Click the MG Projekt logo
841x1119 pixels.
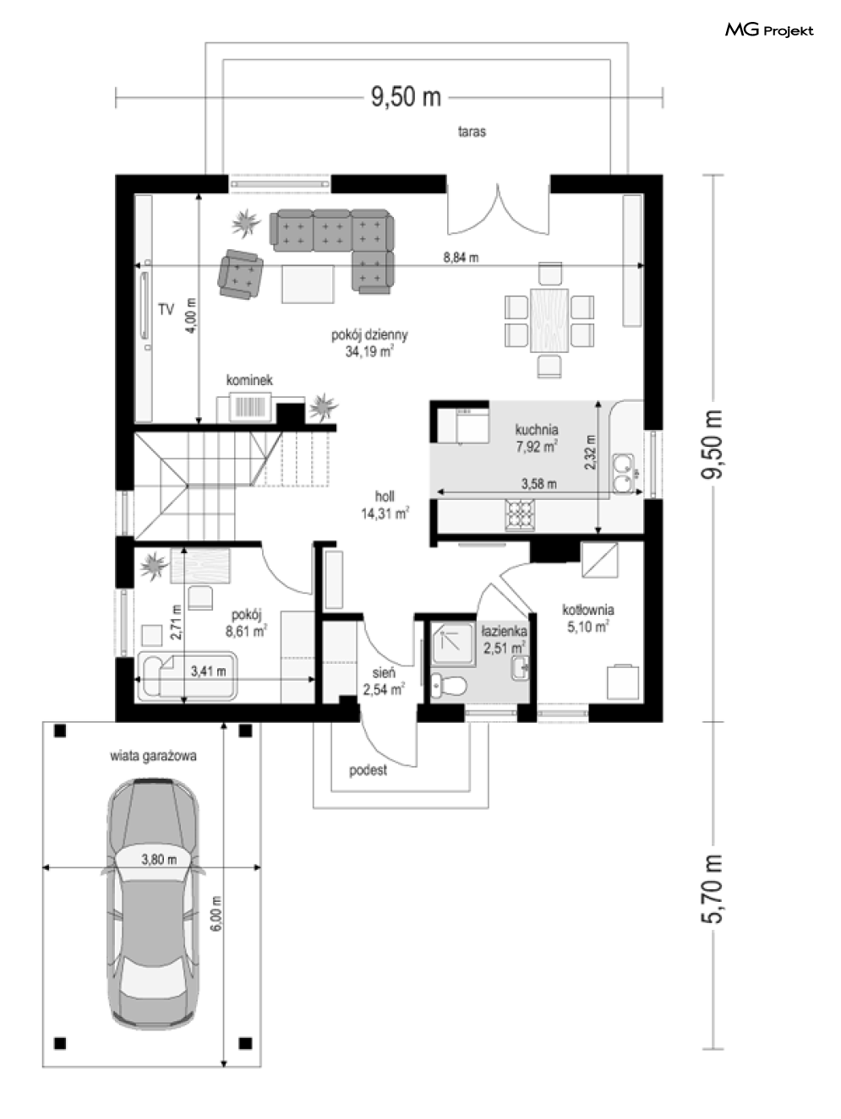769,30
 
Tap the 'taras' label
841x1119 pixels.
472,132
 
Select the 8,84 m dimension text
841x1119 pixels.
461,258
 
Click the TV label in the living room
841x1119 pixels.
167,309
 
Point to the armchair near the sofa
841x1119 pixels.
240,274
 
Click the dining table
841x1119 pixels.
549,320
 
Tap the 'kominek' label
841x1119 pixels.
249,380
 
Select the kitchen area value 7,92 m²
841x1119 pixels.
537,447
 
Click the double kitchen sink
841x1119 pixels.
624,474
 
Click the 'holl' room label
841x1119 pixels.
385,496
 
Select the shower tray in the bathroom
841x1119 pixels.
453,644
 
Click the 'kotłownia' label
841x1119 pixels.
588,610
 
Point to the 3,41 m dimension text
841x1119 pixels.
208,671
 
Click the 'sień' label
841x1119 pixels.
384,673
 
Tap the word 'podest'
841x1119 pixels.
368,770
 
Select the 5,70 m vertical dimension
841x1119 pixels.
713,888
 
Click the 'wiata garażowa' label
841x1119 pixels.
153,757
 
